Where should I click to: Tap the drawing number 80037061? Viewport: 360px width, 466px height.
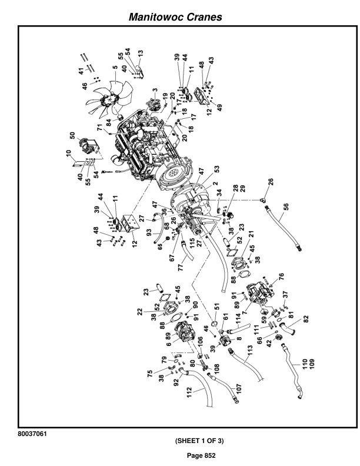pyautogui.click(x=32, y=434)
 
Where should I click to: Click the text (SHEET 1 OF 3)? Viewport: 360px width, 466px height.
pyautogui.click(x=199, y=441)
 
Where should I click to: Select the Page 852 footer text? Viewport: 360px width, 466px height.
pyautogui.click(x=201, y=455)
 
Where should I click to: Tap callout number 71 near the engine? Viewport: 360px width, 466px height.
pyautogui.click(x=100, y=127)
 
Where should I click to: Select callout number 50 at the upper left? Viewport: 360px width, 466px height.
pyautogui.click(x=72, y=135)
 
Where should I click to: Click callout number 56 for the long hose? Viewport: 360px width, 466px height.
pyautogui.click(x=286, y=207)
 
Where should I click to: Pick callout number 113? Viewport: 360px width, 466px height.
pyautogui.click(x=250, y=351)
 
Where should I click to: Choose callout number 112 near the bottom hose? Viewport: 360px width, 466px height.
pyautogui.click(x=189, y=392)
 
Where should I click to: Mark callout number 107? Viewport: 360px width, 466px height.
pyautogui.click(x=239, y=389)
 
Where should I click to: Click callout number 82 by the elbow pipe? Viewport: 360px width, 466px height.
pyautogui.click(x=306, y=319)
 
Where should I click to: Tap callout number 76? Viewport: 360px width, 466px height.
pyautogui.click(x=281, y=277)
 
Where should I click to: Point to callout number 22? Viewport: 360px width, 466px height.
pyautogui.click(x=140, y=312)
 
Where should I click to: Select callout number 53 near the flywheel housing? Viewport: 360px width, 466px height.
pyautogui.click(x=217, y=169)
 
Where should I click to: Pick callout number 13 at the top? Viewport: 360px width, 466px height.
pyautogui.click(x=141, y=54)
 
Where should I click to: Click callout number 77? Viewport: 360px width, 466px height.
pyautogui.click(x=181, y=267)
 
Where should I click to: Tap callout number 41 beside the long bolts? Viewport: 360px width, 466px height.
pyautogui.click(x=81, y=71)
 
